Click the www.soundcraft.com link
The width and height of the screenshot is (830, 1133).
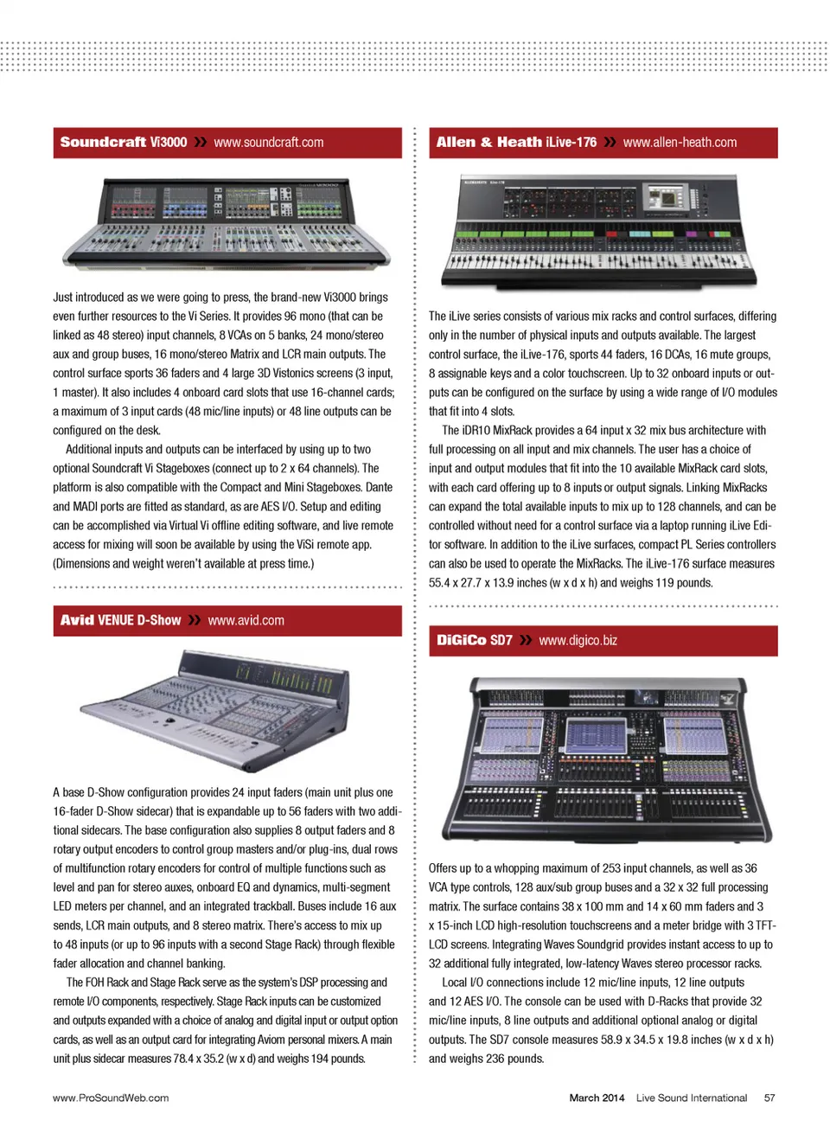(x=269, y=143)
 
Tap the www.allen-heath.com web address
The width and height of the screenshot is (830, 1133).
(x=680, y=143)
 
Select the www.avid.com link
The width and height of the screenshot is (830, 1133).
(x=246, y=621)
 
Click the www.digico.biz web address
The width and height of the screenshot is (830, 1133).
(x=578, y=641)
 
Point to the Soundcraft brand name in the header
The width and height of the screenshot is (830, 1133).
(x=103, y=143)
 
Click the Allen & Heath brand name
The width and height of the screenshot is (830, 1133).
(x=488, y=143)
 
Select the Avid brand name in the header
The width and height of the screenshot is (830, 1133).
(x=77, y=621)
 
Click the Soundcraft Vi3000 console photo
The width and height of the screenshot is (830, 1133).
(x=227, y=222)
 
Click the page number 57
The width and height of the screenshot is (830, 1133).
(x=769, y=1098)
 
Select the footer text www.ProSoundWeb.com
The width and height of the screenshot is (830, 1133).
(x=111, y=1098)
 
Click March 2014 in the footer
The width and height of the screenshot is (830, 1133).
(x=597, y=1098)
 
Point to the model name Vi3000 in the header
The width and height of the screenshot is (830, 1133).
(x=168, y=143)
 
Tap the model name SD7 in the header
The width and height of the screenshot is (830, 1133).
(x=501, y=641)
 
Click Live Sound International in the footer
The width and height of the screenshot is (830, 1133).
(x=692, y=1098)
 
